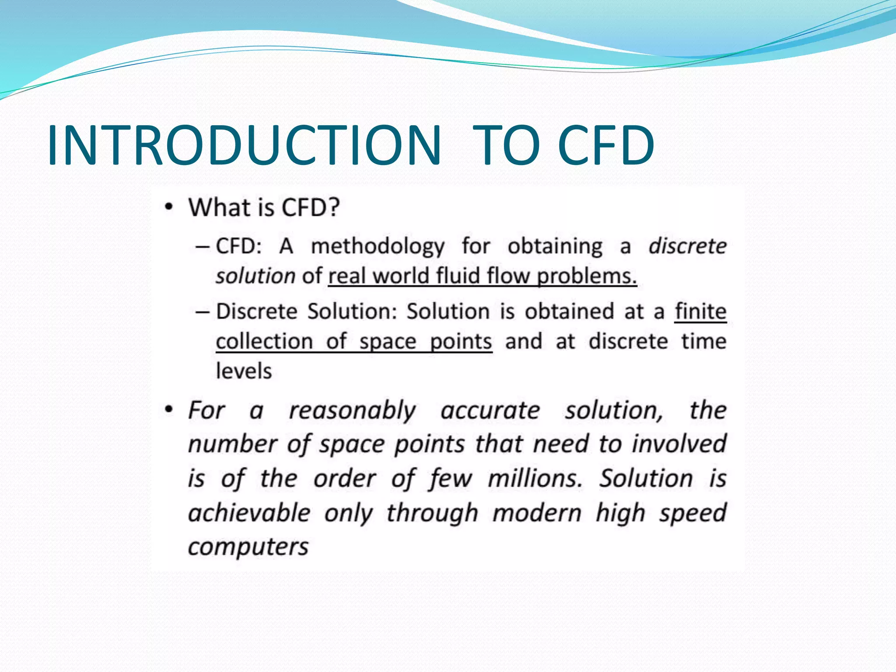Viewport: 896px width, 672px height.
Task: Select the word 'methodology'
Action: point(378,246)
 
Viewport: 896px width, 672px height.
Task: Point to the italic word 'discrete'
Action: point(687,246)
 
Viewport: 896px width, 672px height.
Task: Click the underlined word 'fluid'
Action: point(458,276)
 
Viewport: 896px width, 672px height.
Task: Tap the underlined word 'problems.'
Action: point(587,276)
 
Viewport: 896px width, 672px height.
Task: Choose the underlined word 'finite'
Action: point(700,311)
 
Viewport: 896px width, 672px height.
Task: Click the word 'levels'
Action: point(244,371)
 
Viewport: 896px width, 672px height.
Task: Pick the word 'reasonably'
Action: point(352,411)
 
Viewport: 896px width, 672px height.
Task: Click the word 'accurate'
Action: point(490,411)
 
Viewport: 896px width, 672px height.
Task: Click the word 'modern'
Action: point(537,513)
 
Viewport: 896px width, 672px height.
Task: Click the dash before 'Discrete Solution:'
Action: point(202,312)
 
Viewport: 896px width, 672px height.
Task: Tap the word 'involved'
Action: point(679,444)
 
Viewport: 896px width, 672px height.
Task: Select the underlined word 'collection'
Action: point(264,341)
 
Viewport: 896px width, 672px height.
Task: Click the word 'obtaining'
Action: point(555,246)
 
